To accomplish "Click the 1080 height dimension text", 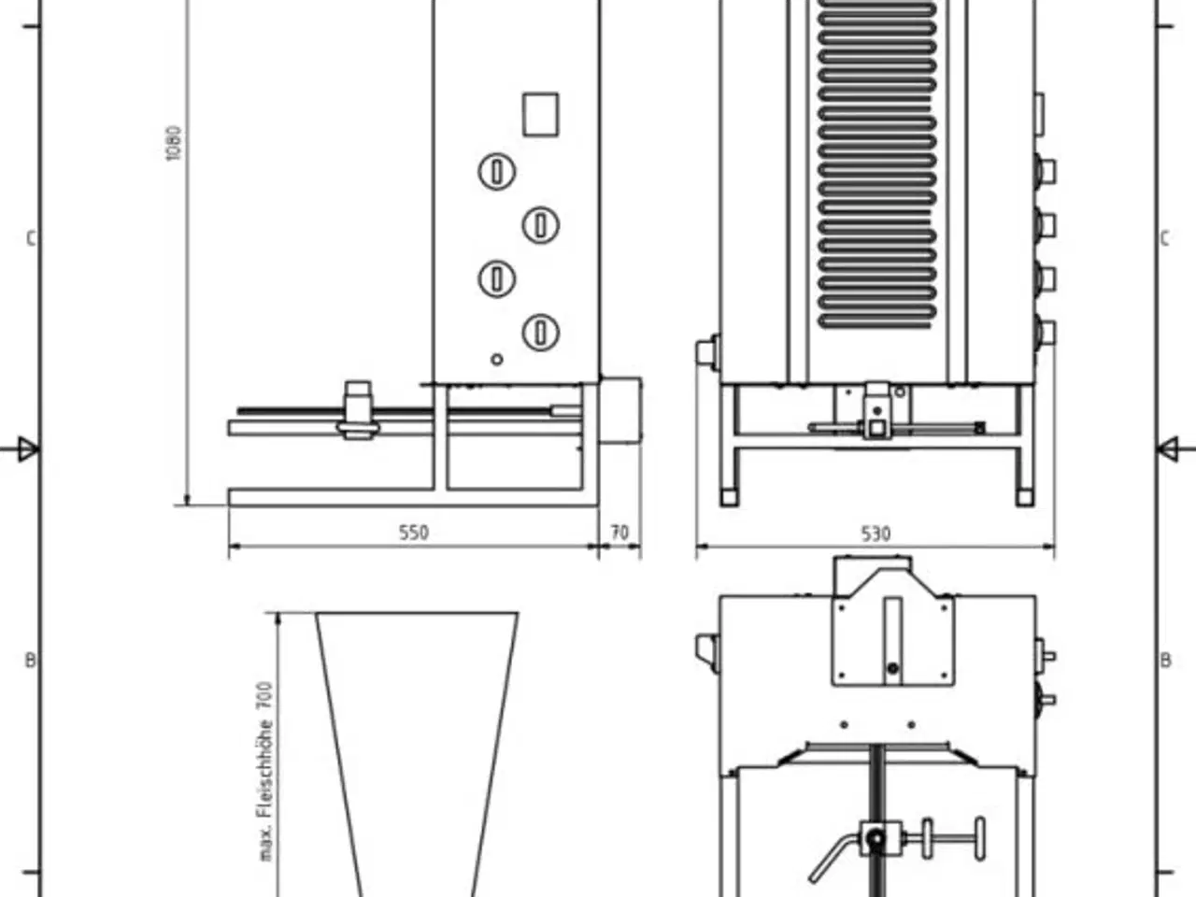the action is pos(173,144).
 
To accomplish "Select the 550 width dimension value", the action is pos(414,532).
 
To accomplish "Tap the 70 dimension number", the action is pos(619,532).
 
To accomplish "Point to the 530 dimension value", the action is pos(876,534).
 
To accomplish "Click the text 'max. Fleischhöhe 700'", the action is pos(265,772).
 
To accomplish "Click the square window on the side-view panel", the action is pos(540,114).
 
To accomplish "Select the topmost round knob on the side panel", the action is pos(496,172).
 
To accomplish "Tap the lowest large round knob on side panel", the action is pos(540,333).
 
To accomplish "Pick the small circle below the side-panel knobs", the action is pos(496,360).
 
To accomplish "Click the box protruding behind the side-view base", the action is pos(620,410).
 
